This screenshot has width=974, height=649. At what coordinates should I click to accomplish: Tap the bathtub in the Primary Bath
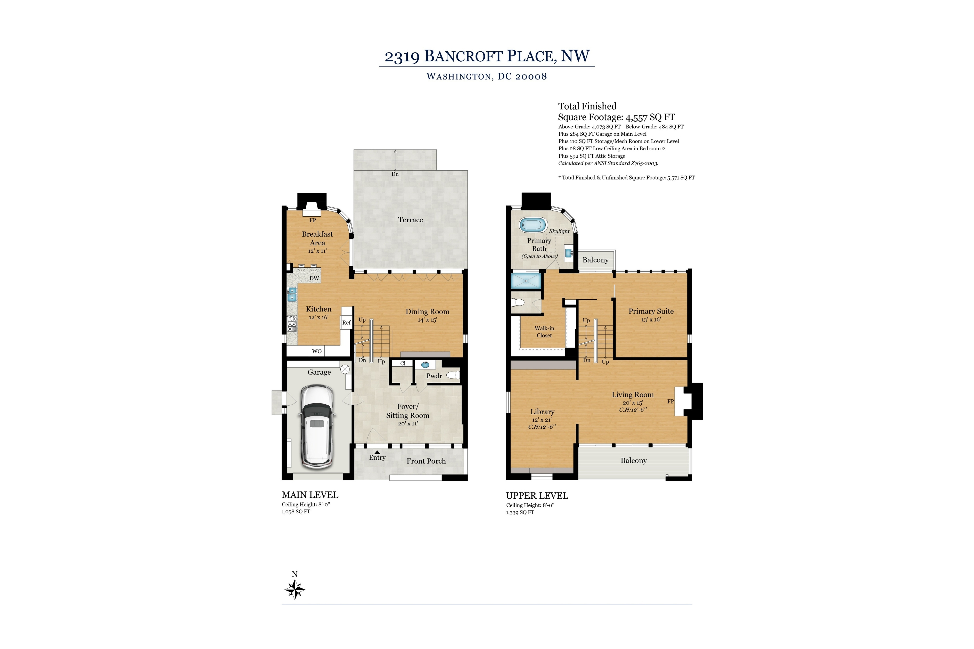533,225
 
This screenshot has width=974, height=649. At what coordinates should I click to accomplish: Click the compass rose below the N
295,590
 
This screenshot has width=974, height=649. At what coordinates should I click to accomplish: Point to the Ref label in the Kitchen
346,322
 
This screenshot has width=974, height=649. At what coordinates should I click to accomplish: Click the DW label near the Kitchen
314,278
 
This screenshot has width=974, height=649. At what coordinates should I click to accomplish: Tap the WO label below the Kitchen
317,351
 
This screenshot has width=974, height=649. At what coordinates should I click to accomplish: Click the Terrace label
410,220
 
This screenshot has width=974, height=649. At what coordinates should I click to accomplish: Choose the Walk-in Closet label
544,332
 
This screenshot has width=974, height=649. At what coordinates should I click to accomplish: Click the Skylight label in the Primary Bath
559,231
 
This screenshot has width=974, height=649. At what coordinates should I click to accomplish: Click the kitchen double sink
292,294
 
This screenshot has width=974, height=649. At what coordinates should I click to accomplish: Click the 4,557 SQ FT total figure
650,117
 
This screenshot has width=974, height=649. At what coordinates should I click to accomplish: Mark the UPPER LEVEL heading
537,495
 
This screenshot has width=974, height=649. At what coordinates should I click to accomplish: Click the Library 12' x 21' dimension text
542,420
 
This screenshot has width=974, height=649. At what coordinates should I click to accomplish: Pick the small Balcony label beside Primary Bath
595,260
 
